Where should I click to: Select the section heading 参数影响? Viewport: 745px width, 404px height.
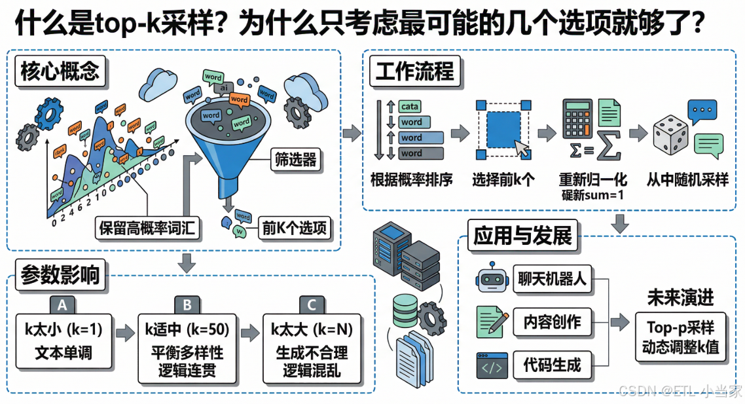[x=60, y=274]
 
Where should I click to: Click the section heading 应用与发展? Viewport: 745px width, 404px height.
[x=522, y=235]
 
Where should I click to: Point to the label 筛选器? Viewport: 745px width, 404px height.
[x=295, y=159]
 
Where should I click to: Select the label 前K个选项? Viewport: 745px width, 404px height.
[x=295, y=228]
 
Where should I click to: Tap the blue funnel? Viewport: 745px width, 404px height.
[x=226, y=141]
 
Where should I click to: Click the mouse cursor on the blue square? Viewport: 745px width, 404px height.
[x=523, y=148]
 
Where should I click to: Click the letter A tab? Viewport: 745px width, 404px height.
[x=62, y=304]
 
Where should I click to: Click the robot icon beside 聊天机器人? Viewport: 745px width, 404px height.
[x=492, y=280]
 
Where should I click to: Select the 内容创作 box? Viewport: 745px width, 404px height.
[x=552, y=322]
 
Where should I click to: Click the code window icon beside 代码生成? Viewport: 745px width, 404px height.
[x=492, y=365]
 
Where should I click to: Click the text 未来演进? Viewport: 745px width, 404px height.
[x=680, y=298]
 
